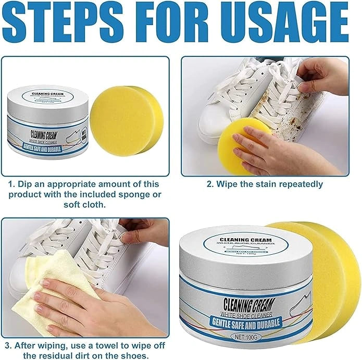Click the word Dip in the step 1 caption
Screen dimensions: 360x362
click(27, 184)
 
